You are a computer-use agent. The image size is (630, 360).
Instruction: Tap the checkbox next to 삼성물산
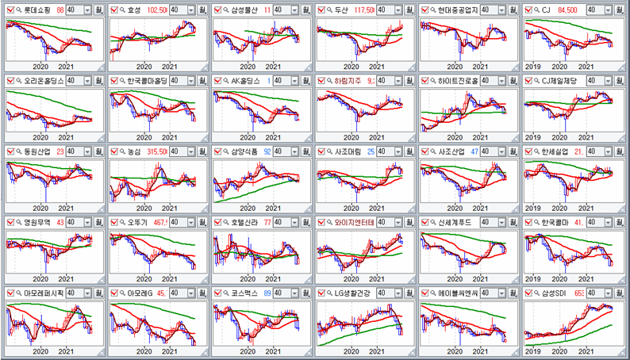(217, 10)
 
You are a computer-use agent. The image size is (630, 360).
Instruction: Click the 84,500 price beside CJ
(569, 10)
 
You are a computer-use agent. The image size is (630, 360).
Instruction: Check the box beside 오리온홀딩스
(10, 80)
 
